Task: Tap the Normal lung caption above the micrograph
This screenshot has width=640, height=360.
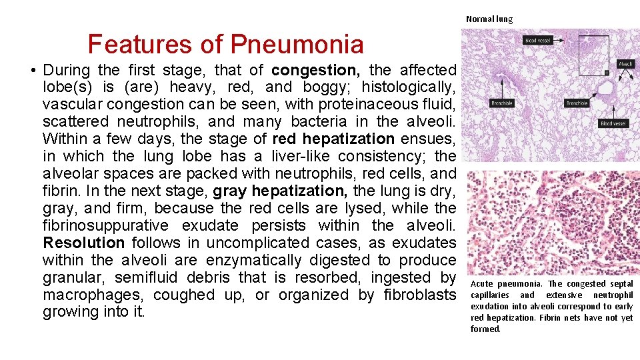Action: (x=489, y=19)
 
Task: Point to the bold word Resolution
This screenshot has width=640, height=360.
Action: (x=83, y=243)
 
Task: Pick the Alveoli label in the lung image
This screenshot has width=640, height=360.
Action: (x=625, y=64)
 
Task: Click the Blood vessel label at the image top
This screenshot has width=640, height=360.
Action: (x=539, y=40)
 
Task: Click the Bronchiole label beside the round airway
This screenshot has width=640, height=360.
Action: (x=577, y=103)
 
